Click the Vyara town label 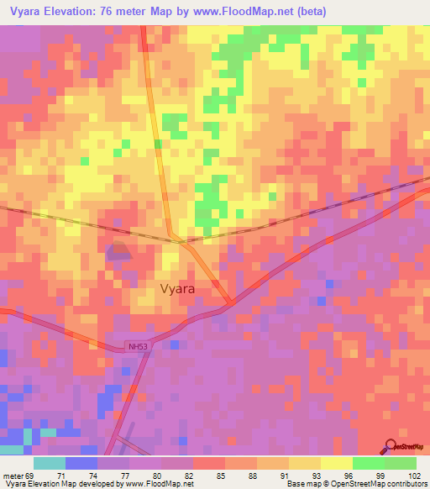tap(177, 288)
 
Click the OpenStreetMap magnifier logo tap(392, 447)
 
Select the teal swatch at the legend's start tap(50, 463)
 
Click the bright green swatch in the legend tap(369, 463)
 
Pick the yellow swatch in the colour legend tap(337, 463)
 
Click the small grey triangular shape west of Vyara tap(118, 250)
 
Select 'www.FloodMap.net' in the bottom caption tap(158, 484)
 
